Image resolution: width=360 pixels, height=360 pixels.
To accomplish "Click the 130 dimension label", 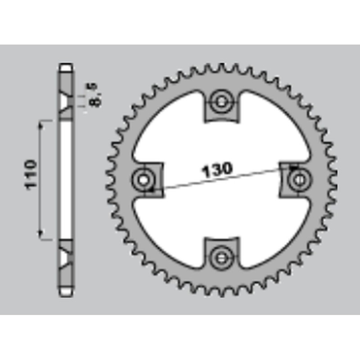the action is coord(217,171).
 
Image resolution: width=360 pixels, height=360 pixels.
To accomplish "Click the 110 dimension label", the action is coord(31,175).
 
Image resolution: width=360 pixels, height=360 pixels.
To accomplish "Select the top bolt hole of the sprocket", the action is coord(221,102).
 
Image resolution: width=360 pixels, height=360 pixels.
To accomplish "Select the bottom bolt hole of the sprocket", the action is coord(221,258).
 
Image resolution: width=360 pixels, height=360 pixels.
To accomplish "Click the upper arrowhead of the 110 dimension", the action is coord(40,126).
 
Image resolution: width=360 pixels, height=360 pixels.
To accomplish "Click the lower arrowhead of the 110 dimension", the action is coord(40,234).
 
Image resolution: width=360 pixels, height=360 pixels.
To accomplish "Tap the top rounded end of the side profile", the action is coord(66,67).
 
